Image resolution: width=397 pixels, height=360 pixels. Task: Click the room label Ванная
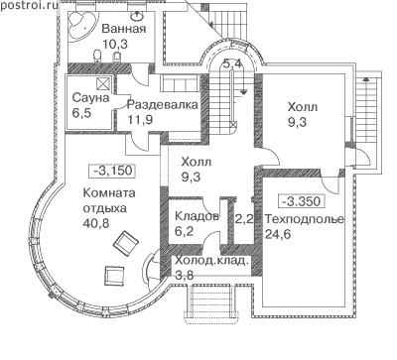(124, 29)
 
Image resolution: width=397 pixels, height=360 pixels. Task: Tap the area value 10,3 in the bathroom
(115, 44)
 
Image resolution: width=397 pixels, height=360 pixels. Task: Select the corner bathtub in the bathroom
(82, 25)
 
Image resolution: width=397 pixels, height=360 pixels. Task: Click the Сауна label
(90, 98)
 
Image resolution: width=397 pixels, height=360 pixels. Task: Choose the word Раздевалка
(163, 105)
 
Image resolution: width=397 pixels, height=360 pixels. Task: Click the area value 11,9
(140, 120)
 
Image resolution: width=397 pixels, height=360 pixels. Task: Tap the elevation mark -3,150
(113, 171)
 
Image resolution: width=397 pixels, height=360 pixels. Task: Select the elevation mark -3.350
(301, 201)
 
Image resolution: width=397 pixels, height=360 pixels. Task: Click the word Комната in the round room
(109, 193)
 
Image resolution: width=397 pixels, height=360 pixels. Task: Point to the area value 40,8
(96, 223)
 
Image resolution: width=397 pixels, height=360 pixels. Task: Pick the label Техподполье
(305, 219)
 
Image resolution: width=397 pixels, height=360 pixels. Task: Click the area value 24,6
(278, 234)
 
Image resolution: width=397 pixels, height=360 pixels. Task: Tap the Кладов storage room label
(197, 216)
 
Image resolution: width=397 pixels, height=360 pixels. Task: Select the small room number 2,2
(244, 218)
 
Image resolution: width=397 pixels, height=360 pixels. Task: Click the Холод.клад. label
(211, 261)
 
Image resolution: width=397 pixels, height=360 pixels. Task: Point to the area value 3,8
(184, 275)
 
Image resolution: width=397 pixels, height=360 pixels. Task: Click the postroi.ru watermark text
(29, 5)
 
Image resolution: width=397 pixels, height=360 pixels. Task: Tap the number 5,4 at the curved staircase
(232, 63)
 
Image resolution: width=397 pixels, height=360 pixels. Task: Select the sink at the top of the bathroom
(136, 15)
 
